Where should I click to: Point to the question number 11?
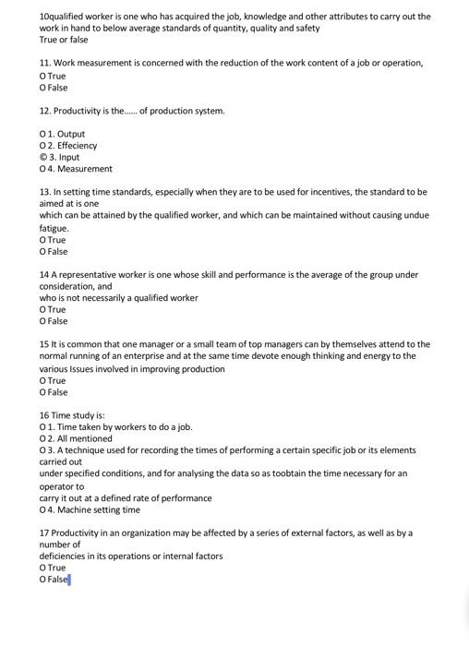pos(43,63)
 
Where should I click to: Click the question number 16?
pos(43,415)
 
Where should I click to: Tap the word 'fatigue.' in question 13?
pos(54,228)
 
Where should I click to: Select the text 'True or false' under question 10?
pos(64,40)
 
